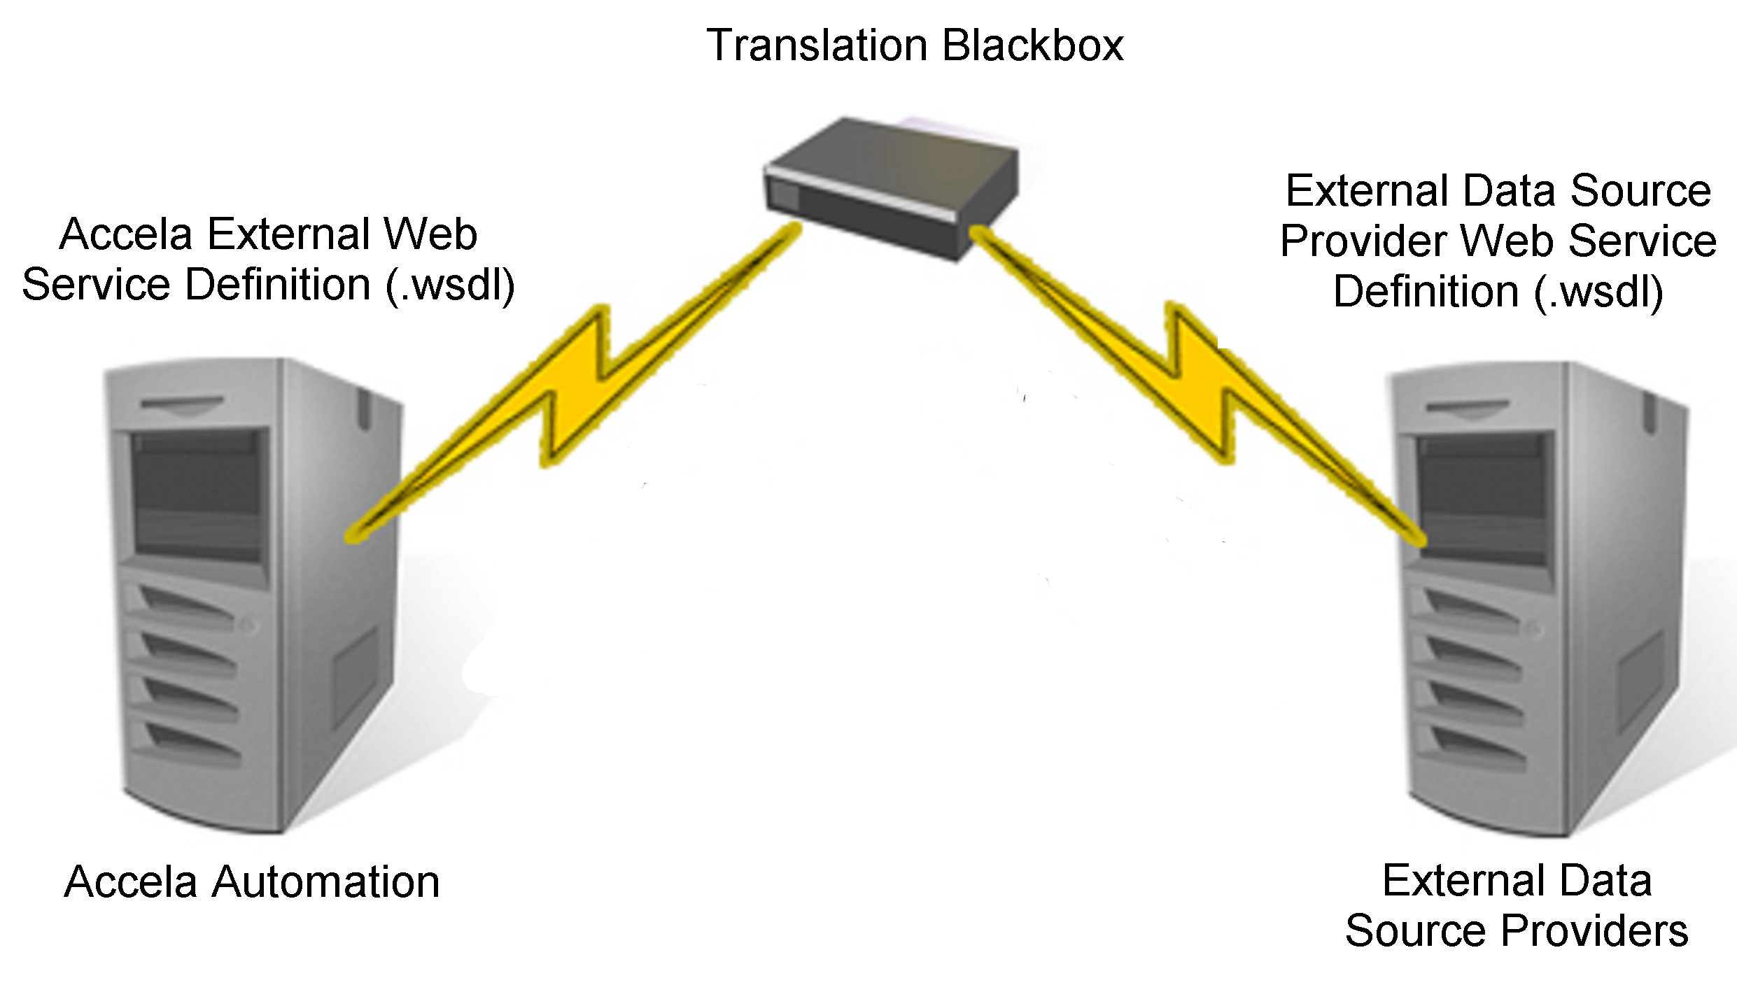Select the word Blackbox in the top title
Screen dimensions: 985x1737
coord(1033,46)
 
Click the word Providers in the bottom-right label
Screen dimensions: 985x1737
coord(1595,931)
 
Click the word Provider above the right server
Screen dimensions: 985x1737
coord(1364,241)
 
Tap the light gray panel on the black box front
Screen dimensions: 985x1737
coord(783,194)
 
